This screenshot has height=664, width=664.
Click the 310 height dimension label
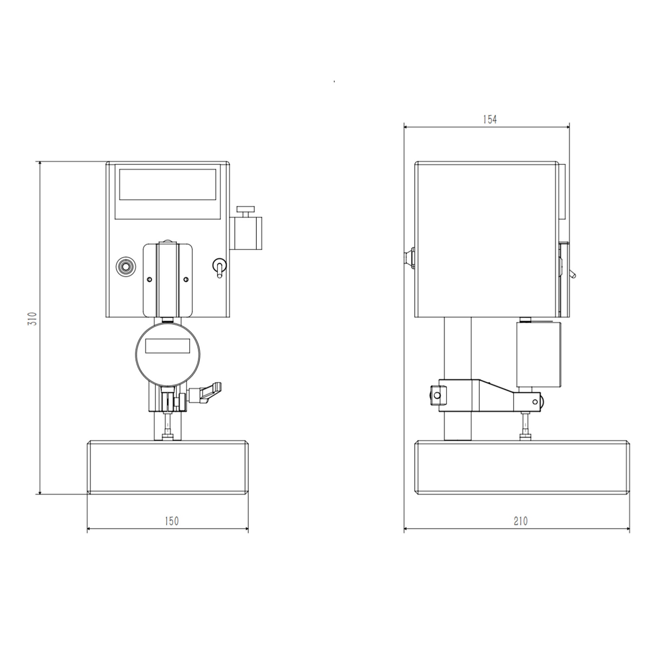(32, 319)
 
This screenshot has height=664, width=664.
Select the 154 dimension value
(490, 119)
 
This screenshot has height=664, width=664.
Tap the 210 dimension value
(520, 521)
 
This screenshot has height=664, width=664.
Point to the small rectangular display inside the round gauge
(168, 346)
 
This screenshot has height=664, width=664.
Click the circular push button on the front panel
(126, 267)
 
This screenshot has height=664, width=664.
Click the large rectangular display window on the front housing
(168, 184)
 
